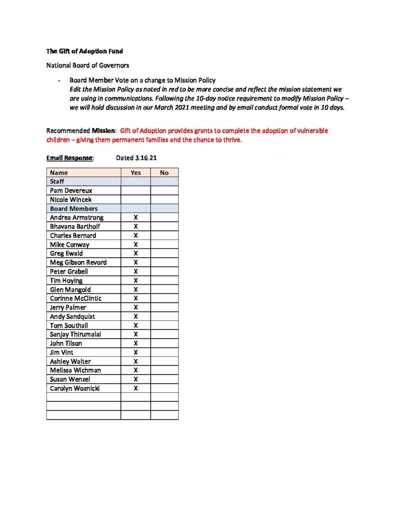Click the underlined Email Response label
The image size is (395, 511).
tap(69, 158)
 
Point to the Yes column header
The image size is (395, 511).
tap(135, 173)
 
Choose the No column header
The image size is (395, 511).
tap(164, 173)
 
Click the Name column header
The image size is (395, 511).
tap(59, 173)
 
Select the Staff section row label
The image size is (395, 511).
tap(57, 182)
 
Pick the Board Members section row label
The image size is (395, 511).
tap(73, 209)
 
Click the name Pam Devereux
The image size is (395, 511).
tap(71, 191)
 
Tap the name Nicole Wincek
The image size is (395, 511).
tap(70, 200)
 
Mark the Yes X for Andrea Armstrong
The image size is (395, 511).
tap(135, 218)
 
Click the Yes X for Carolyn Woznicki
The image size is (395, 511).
tap(135, 388)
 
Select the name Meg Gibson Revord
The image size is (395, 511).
tap(78, 262)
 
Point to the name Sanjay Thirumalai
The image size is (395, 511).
tap(75, 334)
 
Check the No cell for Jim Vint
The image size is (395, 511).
tap(164, 352)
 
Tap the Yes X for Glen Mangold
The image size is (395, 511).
tap(135, 289)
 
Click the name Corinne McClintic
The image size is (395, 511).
tap(75, 298)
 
